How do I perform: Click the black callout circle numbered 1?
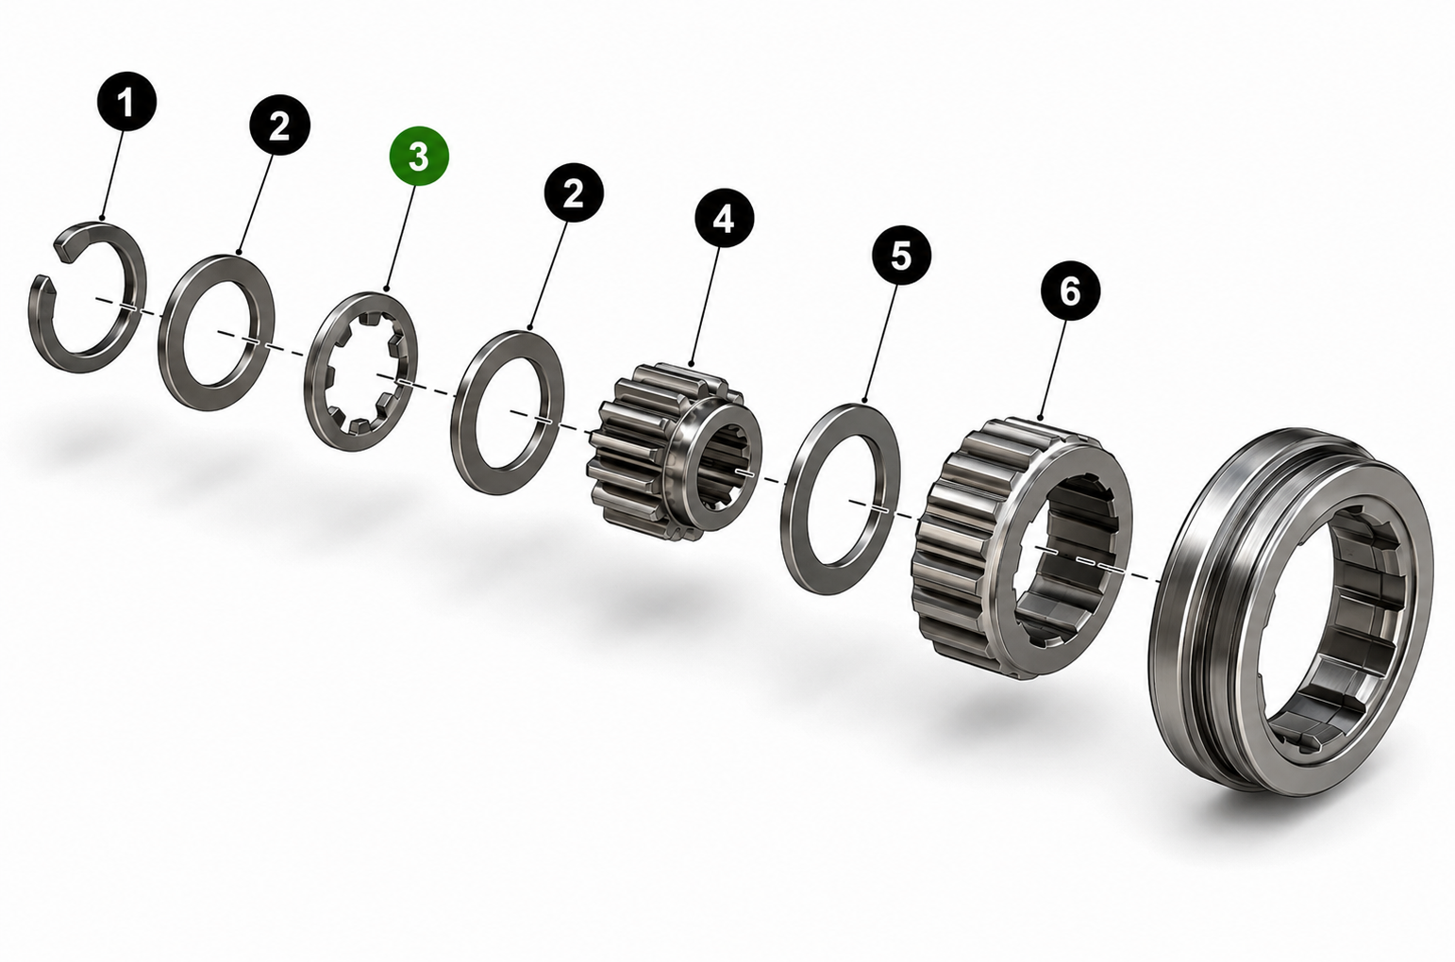(126, 102)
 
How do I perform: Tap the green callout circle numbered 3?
(419, 156)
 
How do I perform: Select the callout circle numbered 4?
(724, 220)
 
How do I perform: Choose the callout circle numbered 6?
(1070, 292)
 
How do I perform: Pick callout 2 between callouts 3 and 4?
(574, 192)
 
